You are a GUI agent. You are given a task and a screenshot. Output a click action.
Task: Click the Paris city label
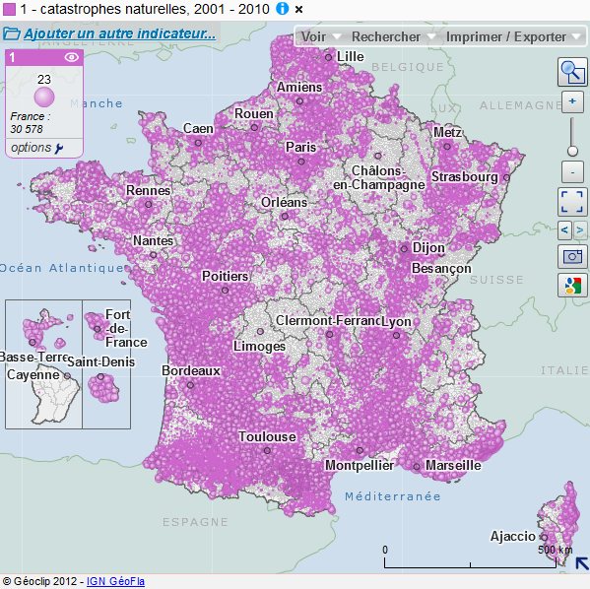(300, 147)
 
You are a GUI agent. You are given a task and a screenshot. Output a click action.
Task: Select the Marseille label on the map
(452, 465)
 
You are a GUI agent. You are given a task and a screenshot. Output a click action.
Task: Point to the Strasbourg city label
(464, 177)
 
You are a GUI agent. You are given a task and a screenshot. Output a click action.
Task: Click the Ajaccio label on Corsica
(513, 537)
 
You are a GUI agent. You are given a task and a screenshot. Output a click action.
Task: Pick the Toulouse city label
(266, 436)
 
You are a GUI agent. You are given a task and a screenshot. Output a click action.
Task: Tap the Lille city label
(350, 57)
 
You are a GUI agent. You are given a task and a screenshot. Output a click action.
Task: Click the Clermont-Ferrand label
(328, 321)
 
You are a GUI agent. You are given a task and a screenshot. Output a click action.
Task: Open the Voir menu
(313, 36)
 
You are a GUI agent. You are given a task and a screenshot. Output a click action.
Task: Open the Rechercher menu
(386, 36)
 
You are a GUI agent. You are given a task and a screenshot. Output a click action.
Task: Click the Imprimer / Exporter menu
(506, 36)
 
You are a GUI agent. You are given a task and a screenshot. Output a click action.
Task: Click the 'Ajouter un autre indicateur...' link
(119, 33)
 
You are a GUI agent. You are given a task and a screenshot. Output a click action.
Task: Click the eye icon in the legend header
(71, 58)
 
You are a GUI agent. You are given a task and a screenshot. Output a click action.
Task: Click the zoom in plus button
(572, 102)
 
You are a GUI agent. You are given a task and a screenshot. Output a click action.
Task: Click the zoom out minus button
(572, 171)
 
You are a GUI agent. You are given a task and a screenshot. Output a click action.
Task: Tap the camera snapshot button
(572, 257)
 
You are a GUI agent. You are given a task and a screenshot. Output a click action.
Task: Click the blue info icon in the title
(282, 9)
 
